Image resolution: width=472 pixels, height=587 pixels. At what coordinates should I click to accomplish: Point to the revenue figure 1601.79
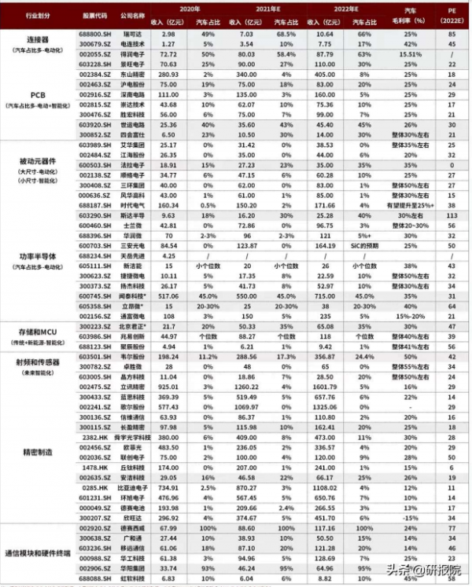[x=324, y=387]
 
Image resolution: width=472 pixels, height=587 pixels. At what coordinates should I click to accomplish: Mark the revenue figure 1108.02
[x=324, y=487]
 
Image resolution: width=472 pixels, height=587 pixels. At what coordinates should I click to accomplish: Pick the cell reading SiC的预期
[x=366, y=244]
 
